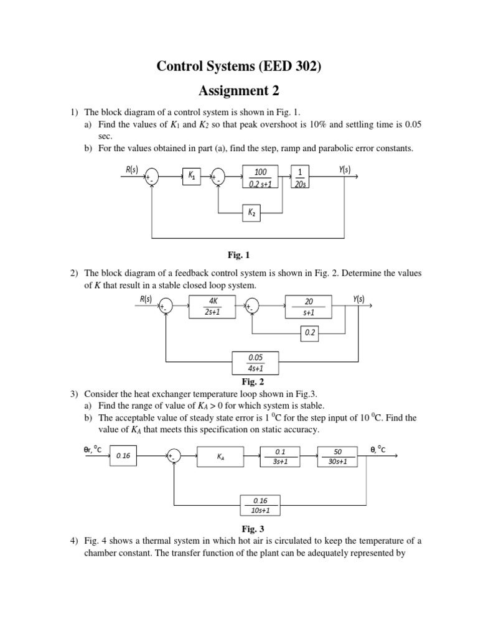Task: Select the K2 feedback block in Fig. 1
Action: pos(252,213)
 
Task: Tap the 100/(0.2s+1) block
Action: pos(260,177)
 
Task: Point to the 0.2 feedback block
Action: pos(310,333)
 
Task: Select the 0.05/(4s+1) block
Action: pos(255,362)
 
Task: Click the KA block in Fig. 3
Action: pos(221,456)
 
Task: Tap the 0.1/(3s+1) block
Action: pos(279,456)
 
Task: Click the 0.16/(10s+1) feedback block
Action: pos(261,504)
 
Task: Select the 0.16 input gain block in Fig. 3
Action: pos(123,456)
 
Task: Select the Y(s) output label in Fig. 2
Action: pos(358,299)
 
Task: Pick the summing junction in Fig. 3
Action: pos(174,456)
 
